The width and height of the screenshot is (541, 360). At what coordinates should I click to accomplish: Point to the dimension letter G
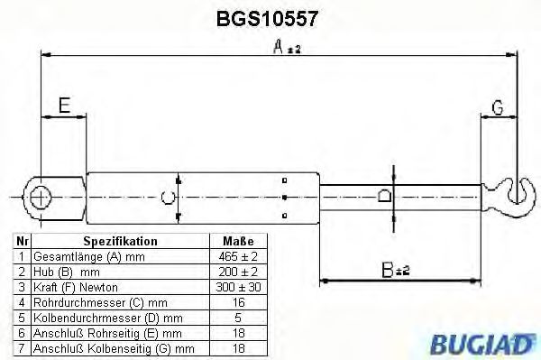pyautogui.click(x=497, y=108)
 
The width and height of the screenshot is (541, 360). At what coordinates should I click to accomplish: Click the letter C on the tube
pyautogui.click(x=166, y=196)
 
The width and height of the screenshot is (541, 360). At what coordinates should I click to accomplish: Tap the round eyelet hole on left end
pyautogui.click(x=39, y=195)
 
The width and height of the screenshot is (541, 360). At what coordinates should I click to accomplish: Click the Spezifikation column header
pyautogui.click(x=120, y=242)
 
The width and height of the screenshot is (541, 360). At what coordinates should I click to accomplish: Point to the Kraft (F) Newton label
pyautogui.click(x=71, y=287)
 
